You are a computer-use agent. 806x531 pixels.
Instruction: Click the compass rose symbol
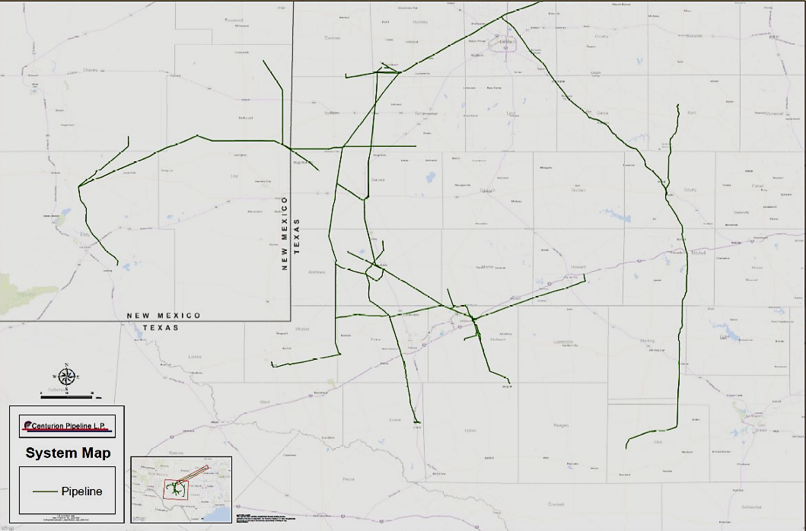(x=67, y=375)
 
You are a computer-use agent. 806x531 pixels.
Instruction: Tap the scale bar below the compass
(x=66, y=395)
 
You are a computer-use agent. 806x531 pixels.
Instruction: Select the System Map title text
(x=68, y=453)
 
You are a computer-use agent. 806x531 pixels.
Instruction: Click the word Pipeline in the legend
(x=81, y=491)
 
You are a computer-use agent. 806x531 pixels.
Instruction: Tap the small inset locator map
(x=180, y=489)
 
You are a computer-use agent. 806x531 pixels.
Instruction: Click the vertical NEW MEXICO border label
(x=285, y=233)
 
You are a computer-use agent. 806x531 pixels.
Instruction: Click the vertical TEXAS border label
(x=297, y=236)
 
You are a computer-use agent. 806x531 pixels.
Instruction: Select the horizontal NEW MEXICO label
(x=164, y=316)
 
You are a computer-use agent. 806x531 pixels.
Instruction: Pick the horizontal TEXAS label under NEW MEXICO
(x=160, y=328)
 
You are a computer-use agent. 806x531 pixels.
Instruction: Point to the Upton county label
(x=470, y=431)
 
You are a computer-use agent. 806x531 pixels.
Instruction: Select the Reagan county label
(x=562, y=425)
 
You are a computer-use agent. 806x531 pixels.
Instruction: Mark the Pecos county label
(x=349, y=479)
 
